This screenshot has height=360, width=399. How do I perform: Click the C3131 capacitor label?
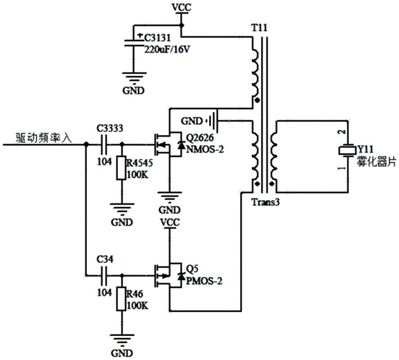pyautogui.click(x=157, y=38)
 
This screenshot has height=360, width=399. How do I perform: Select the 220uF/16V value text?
pyautogui.click(x=167, y=49)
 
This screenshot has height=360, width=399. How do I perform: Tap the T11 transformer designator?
pyautogui.click(x=259, y=28)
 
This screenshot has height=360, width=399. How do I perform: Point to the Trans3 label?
pyautogui.click(x=266, y=202)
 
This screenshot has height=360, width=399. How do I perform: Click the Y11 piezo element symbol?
pyautogui.click(x=347, y=150)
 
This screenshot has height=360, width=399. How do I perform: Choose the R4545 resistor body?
pyautogui.click(x=121, y=168)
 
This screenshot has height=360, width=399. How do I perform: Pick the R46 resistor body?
pyautogui.click(x=121, y=299)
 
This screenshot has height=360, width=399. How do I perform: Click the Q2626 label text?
pyautogui.click(x=199, y=138)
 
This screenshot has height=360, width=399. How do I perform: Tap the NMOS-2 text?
pyautogui.click(x=205, y=149)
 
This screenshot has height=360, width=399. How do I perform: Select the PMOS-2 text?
pyautogui.click(x=204, y=281)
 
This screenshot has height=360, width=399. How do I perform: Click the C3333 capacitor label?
pyautogui.click(x=110, y=129)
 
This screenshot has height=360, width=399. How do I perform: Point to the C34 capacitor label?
pyautogui.click(x=105, y=259)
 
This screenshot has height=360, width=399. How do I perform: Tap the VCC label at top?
pyautogui.click(x=181, y=7)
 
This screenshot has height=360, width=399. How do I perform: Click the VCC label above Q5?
pyautogui.click(x=170, y=223)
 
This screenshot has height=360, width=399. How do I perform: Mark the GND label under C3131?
pyautogui.click(x=133, y=91)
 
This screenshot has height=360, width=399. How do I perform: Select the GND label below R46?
pyautogui.click(x=122, y=354)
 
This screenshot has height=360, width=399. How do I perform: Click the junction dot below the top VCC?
pyautogui.click(x=182, y=26)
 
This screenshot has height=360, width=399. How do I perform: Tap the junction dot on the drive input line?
pyautogui.click(x=86, y=144)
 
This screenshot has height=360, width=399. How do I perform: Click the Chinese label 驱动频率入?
pyautogui.click(x=44, y=138)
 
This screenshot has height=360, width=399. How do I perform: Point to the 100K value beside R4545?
pyautogui.click(x=137, y=175)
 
